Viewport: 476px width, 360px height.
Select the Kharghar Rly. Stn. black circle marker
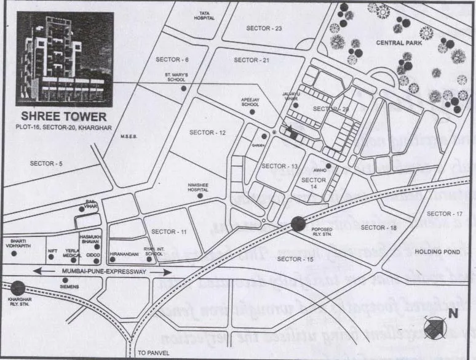click(18, 287)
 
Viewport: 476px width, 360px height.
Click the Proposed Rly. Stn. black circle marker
click(299, 223)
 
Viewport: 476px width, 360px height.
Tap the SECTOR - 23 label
click(263, 28)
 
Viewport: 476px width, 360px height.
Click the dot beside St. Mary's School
click(184, 89)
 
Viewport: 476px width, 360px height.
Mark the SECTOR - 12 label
click(207, 132)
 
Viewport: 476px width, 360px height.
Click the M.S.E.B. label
click(128, 136)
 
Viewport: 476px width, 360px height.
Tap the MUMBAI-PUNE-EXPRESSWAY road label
click(102, 271)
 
